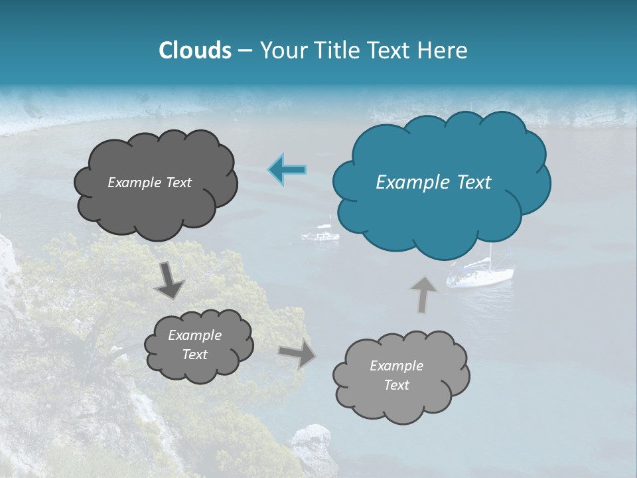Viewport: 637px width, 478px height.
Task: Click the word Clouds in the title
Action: [195, 50]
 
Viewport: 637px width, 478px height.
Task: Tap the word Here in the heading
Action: [443, 50]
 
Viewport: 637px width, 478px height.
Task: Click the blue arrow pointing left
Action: [287, 169]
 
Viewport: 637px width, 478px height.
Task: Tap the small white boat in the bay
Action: [320, 234]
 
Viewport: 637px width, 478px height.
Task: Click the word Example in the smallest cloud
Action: [194, 335]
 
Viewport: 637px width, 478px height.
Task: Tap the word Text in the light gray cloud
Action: [397, 385]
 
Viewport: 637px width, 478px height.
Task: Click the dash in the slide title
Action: [244, 50]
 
